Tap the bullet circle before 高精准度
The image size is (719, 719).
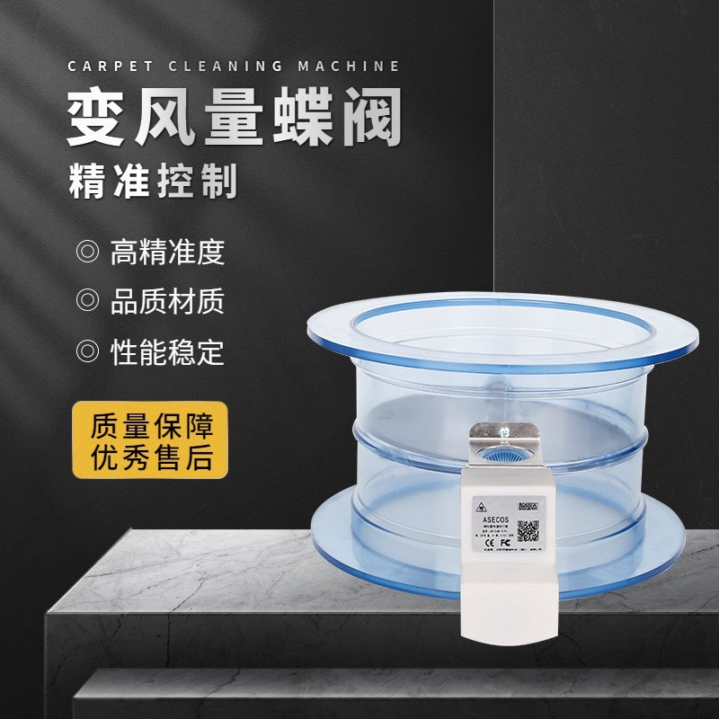tap(87, 252)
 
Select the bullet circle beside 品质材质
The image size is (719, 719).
tap(87, 300)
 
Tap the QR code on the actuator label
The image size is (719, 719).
tap(528, 531)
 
